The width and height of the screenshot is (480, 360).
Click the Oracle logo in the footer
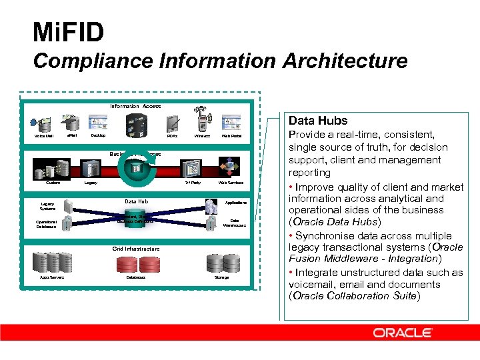pos(403,332)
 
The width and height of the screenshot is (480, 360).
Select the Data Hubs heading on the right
pos(318,121)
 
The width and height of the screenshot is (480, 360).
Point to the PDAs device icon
pos(172,123)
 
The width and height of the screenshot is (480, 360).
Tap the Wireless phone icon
pos(203,123)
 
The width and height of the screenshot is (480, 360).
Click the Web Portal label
pos(231,136)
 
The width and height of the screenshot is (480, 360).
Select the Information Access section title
pos(135,106)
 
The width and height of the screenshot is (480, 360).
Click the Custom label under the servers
pos(53,182)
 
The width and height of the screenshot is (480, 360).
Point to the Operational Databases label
pos(46,224)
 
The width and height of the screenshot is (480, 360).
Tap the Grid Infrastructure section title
pos(135,249)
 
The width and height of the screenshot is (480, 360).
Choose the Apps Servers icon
pos(51,263)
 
